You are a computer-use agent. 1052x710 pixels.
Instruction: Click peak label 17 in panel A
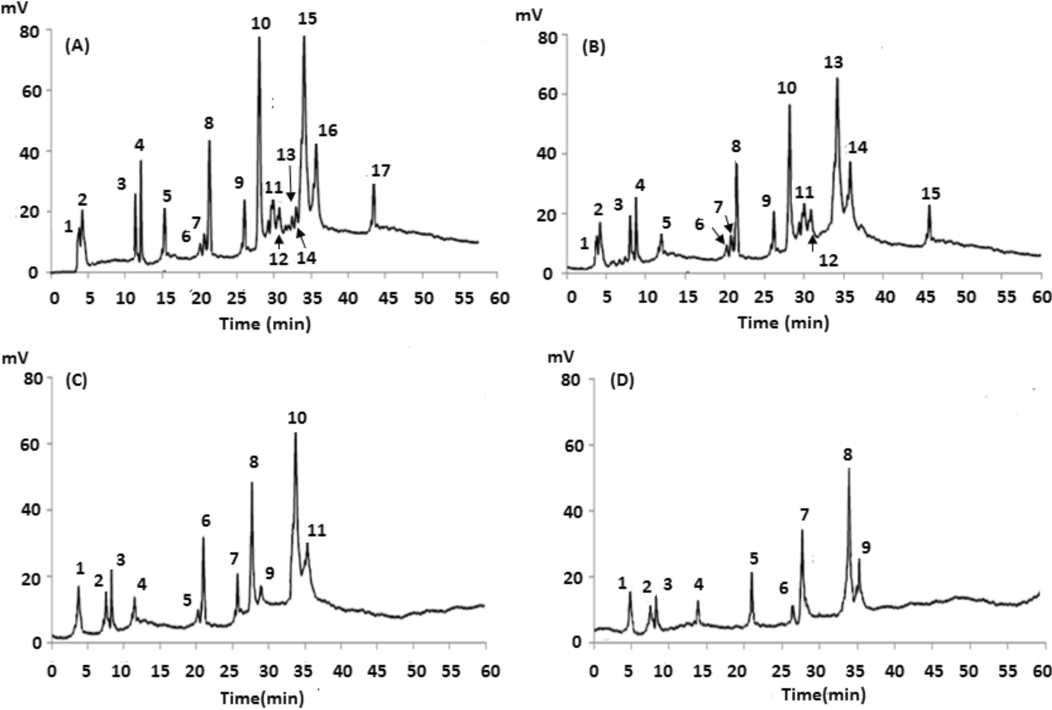coord(381,170)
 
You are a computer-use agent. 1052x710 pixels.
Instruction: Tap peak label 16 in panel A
coord(328,130)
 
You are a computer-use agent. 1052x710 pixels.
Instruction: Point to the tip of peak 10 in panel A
coord(259,38)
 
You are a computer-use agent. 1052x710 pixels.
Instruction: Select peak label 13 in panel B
coord(834,62)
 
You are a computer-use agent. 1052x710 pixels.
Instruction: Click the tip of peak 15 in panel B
coord(929,206)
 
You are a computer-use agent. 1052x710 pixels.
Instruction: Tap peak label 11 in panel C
coord(316,530)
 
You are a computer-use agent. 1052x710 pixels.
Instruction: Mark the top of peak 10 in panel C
coord(295,433)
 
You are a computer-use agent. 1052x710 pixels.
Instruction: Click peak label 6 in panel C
coord(206,520)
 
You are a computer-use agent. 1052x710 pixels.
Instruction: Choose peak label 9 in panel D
coord(865,547)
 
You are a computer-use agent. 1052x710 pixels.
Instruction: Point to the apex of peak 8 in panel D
coord(849,469)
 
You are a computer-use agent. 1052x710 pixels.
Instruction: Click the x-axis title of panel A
coord(265,324)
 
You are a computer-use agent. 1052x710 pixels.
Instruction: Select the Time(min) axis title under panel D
coord(823,694)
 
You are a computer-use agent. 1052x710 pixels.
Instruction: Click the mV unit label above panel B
coord(529,15)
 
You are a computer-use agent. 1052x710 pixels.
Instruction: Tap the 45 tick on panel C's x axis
coord(377,672)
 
